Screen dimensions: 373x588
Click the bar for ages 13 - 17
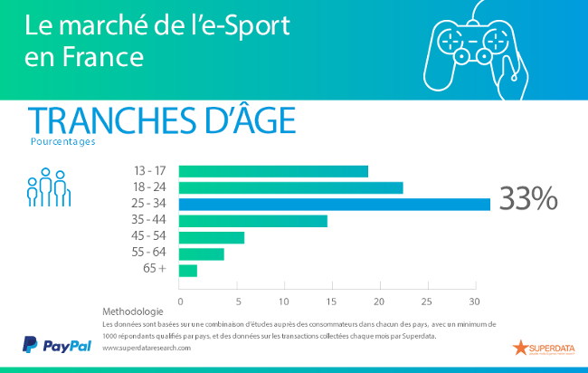coord(273,171)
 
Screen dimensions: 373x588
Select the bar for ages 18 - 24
coord(290,187)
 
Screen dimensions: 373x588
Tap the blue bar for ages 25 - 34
coord(334,204)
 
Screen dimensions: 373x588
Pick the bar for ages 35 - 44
coord(252,221)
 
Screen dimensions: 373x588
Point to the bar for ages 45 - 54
coord(212,237)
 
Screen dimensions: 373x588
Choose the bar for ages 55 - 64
coord(201,253)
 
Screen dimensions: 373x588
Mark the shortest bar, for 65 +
coord(188,270)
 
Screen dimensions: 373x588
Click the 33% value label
coord(528,200)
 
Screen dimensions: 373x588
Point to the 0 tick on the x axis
coord(180,301)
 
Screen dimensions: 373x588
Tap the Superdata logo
coord(544,347)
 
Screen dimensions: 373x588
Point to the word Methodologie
coord(133,311)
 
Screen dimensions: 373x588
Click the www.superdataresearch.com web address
coord(154,348)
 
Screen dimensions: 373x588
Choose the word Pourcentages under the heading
coord(62,141)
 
